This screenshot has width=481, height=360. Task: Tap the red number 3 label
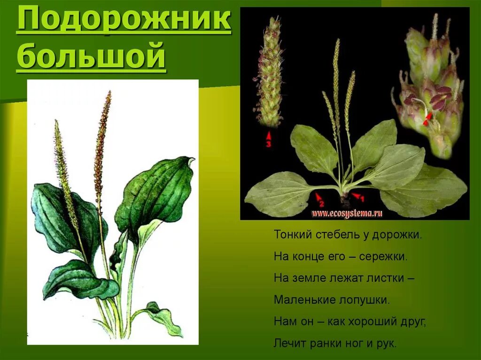(x=269, y=145)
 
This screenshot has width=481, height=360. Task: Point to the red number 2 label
(x=321, y=203)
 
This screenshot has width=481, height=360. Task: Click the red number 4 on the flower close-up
(x=426, y=123)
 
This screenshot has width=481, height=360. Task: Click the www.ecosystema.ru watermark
(x=347, y=214)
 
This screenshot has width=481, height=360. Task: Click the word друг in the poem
(x=413, y=322)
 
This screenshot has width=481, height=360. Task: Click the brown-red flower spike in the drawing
(x=102, y=141)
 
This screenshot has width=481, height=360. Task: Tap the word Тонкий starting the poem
(x=288, y=235)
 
